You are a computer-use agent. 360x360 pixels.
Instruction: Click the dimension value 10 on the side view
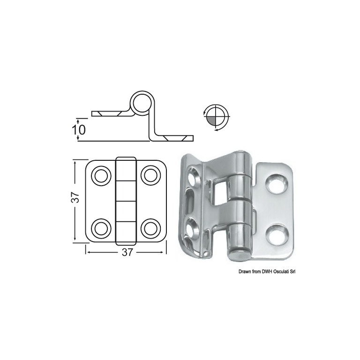(79, 130)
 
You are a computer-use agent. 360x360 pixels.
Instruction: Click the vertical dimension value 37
(75, 197)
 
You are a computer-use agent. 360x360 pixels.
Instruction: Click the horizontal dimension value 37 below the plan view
(127, 252)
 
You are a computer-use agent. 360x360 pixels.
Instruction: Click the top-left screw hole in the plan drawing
(101, 176)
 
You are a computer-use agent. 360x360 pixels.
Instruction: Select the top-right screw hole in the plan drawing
(150, 176)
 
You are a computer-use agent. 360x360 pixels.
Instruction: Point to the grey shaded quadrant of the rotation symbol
(211, 121)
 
